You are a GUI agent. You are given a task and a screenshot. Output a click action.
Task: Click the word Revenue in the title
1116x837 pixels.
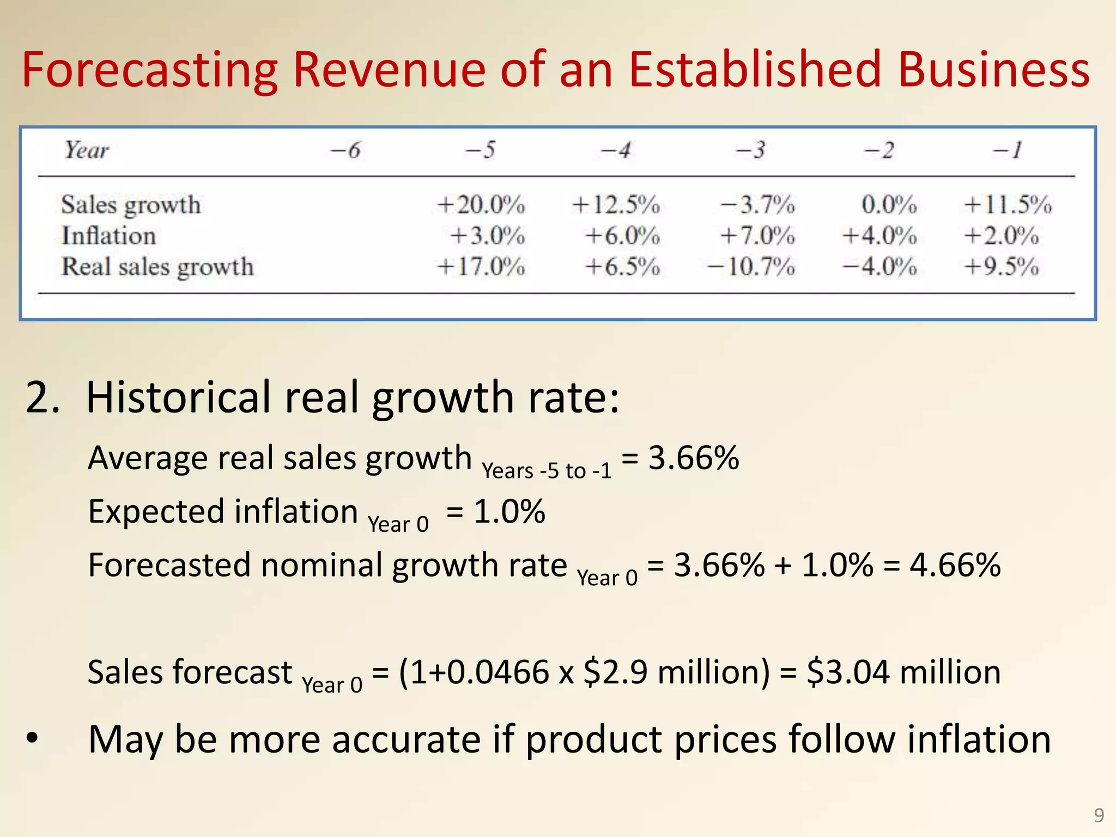[389, 70]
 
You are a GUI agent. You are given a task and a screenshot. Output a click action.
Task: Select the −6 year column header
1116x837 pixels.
[345, 150]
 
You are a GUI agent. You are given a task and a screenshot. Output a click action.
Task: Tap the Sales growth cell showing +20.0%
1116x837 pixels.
[481, 205]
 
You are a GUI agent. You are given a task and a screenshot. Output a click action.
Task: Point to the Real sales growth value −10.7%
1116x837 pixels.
[751, 267]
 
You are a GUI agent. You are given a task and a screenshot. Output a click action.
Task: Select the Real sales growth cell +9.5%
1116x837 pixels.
[1002, 267]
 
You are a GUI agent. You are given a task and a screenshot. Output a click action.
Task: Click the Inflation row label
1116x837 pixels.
[108, 236]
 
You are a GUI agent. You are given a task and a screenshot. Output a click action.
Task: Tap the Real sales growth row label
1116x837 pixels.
[157, 267]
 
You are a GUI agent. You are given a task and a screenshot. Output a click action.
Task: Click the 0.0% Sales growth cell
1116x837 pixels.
[889, 205]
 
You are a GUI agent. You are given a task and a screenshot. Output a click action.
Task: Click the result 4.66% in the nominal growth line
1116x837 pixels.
[955, 565]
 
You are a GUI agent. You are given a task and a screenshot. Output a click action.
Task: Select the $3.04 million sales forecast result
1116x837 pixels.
[903, 672]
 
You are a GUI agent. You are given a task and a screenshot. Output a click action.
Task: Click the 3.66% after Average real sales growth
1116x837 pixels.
[693, 458]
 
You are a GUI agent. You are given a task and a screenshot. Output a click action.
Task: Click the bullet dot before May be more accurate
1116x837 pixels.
[33, 739]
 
